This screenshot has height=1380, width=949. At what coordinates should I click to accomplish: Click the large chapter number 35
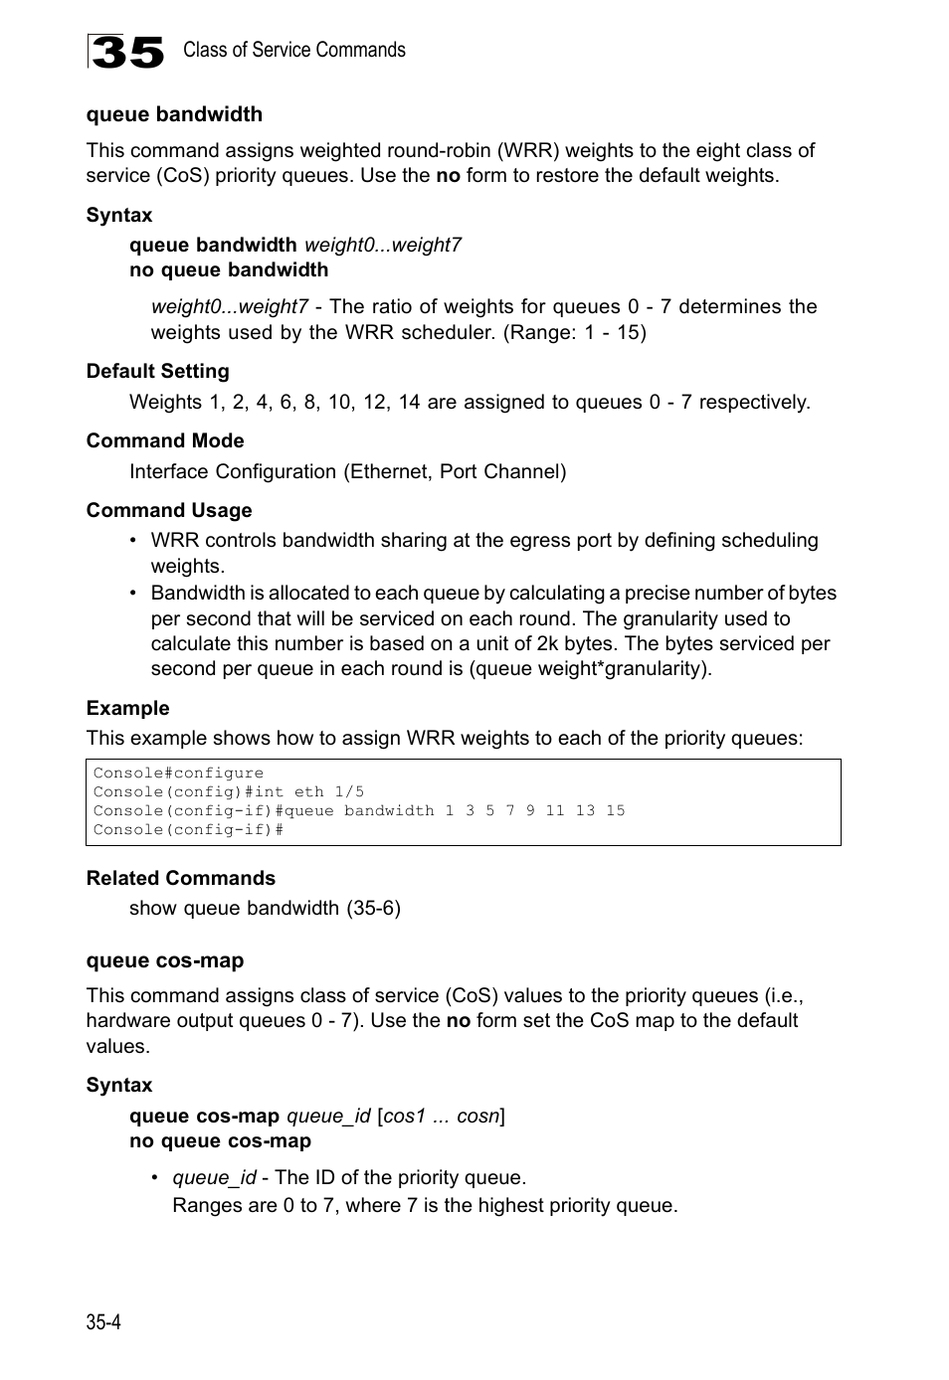click(126, 52)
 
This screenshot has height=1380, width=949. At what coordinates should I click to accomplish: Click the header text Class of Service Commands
click(293, 50)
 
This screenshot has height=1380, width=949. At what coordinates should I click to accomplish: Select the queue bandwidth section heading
click(174, 114)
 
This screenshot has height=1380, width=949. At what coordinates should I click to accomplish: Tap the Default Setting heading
click(157, 371)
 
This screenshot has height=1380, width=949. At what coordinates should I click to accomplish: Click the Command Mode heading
click(164, 440)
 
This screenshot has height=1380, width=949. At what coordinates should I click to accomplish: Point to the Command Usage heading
click(169, 510)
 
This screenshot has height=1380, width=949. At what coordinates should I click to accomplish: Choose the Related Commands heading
click(180, 878)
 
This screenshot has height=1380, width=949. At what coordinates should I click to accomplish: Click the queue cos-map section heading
click(164, 960)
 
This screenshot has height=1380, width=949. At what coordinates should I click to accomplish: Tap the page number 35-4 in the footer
click(103, 1321)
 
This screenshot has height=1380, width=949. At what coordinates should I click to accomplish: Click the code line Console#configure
click(178, 773)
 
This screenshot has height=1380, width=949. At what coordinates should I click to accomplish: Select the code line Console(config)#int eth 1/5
click(229, 791)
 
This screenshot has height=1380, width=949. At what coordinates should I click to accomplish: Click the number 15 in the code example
click(615, 810)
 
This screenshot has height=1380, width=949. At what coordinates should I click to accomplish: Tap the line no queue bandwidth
click(229, 269)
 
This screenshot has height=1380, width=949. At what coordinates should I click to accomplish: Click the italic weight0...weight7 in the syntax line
click(382, 245)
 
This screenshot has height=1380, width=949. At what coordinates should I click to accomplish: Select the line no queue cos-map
click(220, 1140)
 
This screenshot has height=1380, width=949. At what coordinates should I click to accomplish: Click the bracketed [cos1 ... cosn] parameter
click(441, 1116)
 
